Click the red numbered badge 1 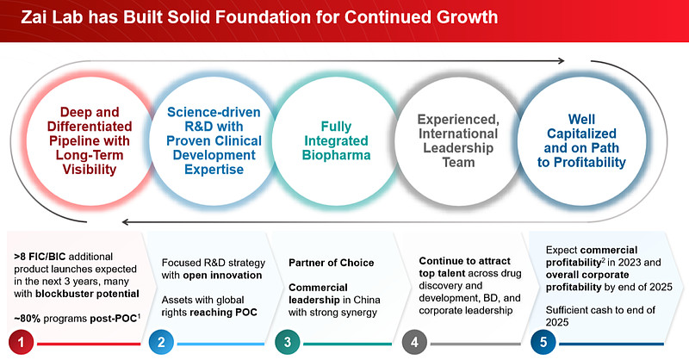21,342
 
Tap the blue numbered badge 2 161,342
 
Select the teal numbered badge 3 288,342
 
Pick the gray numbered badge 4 414,342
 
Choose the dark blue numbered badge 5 543,342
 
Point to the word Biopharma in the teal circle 336,155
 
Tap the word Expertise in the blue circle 214,170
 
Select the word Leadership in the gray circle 458,148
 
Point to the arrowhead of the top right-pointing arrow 562,60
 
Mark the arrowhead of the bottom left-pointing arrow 126,222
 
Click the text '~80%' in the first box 27,319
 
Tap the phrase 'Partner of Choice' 332,263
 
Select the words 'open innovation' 222,276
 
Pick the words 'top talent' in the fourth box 442,273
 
